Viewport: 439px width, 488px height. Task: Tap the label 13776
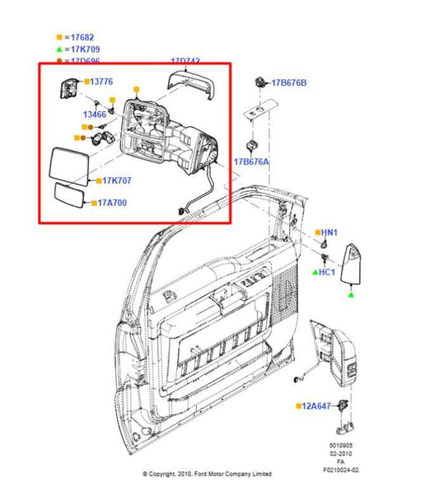[100, 82]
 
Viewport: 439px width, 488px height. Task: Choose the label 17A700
[112, 202]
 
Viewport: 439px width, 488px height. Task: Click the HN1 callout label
[329, 233]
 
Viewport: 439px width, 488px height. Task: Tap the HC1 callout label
[327, 271]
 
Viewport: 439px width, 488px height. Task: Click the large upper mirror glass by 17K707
[71, 165]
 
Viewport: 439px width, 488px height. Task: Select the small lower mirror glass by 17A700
[71, 198]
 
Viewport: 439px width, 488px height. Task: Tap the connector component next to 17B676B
[260, 82]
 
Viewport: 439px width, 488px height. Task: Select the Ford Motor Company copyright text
[207, 474]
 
